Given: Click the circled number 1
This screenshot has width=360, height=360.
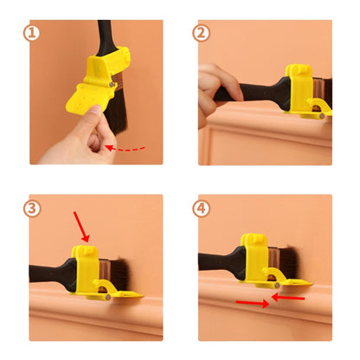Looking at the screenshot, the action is click(31, 33).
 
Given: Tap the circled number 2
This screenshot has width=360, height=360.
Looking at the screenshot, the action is click(201, 33).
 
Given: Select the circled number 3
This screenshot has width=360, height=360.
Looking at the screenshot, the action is click(31, 209).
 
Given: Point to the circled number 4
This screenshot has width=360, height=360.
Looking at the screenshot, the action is click(201, 209).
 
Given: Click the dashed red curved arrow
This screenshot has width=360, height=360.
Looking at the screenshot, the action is click(125, 150).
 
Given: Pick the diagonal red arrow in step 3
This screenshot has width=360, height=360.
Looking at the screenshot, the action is click(81, 227).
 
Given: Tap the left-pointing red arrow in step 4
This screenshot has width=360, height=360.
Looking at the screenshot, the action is click(288, 298).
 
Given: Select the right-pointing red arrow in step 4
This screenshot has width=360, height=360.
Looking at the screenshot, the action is click(253, 303).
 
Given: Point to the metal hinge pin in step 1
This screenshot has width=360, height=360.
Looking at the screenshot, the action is click(112, 84).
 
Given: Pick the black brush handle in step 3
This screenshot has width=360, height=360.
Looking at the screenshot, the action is click(52, 274).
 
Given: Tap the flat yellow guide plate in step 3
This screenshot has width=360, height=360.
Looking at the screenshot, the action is click(127, 295).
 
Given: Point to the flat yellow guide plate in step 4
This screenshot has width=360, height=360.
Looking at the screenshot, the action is click(297, 283).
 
